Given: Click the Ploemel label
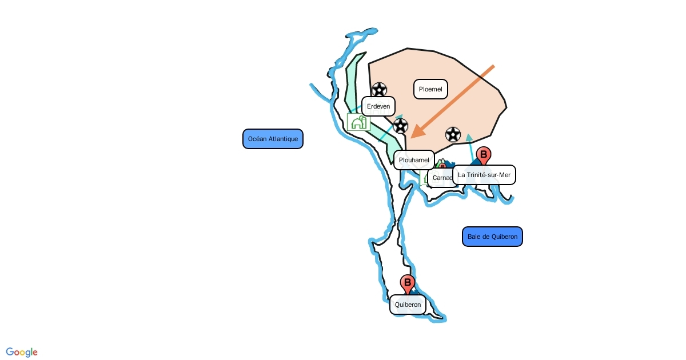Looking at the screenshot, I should pos(430,89).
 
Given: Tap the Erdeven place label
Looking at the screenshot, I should pos(378,106).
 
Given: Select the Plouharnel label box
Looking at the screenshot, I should pos(414,160).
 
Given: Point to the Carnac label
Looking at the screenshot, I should pos(442,178).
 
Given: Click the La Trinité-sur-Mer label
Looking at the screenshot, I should pos(484,175).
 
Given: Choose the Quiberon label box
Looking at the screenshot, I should pos(408,305).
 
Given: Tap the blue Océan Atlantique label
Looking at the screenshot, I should pos(273,139).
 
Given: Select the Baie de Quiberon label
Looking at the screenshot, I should pos(492,237).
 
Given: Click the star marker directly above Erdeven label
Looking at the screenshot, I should pos(379,90).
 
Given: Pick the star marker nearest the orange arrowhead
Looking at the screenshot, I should pos(401,126).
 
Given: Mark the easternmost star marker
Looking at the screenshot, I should pos(453,134).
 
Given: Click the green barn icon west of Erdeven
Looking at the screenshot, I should pos(358,122).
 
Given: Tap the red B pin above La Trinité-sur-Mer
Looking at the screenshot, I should pos(484,155).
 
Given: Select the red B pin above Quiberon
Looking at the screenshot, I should pos(408,283).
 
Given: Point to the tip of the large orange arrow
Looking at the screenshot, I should pos(412,137).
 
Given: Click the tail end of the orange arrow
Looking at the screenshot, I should pos(493,66).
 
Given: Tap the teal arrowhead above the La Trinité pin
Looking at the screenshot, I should pos(469,137).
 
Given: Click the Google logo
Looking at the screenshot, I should pos(22,352).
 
